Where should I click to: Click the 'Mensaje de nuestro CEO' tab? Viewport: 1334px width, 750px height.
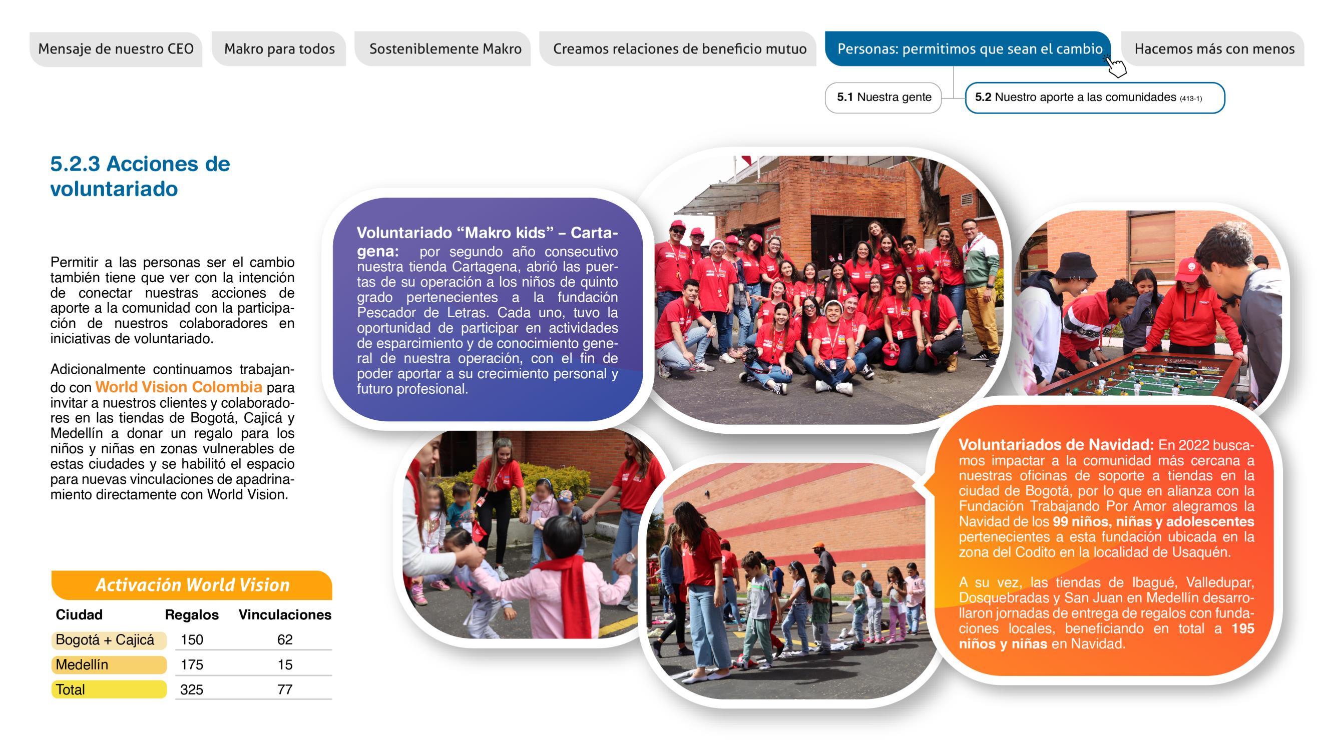point(116,49)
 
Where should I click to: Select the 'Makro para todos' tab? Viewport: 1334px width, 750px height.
point(279,49)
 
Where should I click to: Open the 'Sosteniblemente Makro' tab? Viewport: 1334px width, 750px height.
point(445,49)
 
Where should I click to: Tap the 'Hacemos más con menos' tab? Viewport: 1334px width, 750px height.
point(1214,49)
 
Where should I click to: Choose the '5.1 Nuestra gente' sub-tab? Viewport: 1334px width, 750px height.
point(883,97)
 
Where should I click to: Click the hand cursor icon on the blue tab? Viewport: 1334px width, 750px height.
point(1116,66)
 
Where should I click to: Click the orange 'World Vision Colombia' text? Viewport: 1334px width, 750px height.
point(179,387)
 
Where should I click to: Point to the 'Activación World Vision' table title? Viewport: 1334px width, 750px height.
point(192,585)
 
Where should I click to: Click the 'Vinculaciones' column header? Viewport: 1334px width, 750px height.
point(285,614)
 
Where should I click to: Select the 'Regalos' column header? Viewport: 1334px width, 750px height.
point(192,614)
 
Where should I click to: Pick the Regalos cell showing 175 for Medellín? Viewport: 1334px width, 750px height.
point(192,664)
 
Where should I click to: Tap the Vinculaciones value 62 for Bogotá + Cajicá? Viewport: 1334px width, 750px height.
point(285,640)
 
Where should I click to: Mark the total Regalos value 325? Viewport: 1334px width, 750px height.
point(192,689)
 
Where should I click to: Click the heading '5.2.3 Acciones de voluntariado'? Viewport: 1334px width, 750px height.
point(140,176)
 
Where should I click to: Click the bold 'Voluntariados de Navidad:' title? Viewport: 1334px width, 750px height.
point(1056,445)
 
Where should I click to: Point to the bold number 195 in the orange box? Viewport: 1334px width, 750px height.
point(1242,629)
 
